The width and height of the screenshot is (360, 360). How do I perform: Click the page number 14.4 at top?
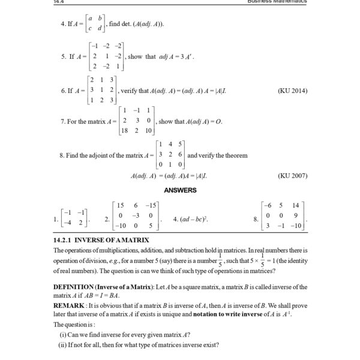click(x=58, y=2)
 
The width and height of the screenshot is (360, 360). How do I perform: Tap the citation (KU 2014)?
click(x=293, y=91)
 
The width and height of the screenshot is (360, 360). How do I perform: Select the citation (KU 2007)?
click(x=293, y=176)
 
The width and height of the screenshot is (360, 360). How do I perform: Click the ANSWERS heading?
click(x=180, y=190)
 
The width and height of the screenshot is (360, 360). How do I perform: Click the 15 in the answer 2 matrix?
click(x=121, y=205)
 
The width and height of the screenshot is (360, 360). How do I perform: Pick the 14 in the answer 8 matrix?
click(x=296, y=205)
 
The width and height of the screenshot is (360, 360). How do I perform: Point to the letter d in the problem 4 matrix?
click(x=99, y=28)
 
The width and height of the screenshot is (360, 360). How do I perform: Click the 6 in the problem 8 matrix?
click(x=181, y=154)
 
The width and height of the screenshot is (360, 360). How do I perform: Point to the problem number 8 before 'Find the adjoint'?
click(x=62, y=155)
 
